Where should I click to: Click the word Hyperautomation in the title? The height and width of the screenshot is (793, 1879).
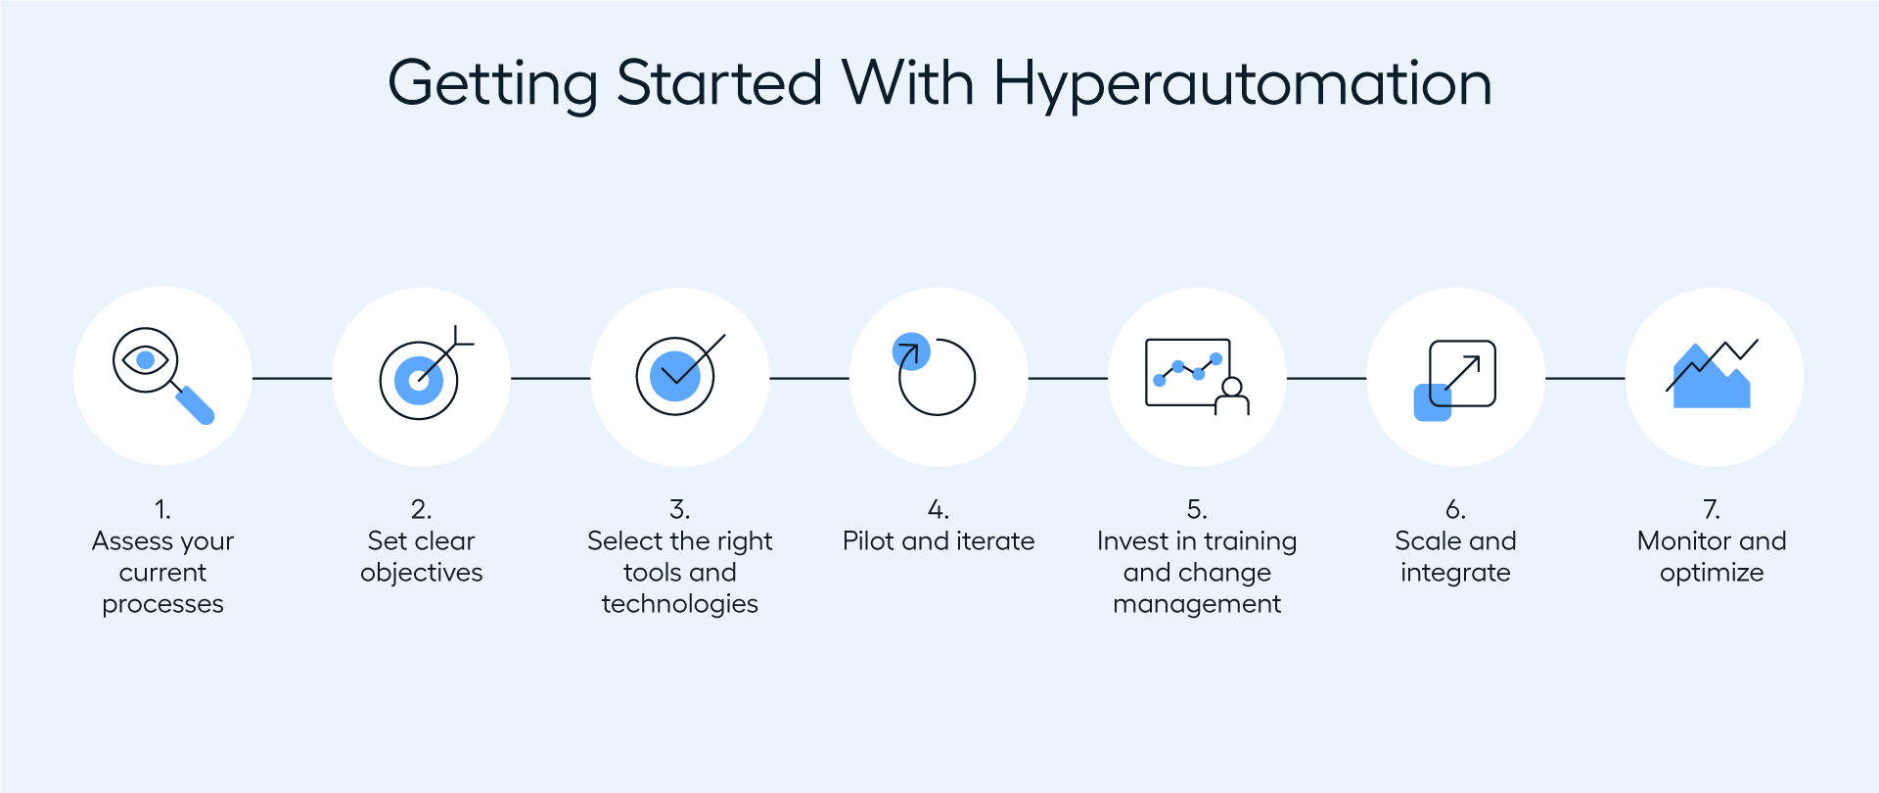point(1242,84)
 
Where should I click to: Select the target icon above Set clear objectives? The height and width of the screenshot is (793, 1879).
point(423,376)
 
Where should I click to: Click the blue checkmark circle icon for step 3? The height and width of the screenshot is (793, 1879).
point(678,376)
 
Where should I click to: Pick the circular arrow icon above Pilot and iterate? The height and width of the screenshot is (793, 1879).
point(936,376)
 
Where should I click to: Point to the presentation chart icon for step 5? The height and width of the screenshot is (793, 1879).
point(1196,376)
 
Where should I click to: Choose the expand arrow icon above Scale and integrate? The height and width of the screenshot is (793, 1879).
point(1455,380)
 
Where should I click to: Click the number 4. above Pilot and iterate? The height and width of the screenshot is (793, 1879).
point(938,510)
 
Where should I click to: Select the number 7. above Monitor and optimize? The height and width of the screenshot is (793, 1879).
point(1712,510)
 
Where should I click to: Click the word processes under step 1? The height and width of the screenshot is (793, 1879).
point(162,604)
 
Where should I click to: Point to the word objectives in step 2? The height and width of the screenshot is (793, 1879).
point(421,573)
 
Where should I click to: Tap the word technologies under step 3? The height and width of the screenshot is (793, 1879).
point(679,604)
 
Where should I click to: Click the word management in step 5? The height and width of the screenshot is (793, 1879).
point(1196,604)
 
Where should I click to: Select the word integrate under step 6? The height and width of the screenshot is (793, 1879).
point(1455,573)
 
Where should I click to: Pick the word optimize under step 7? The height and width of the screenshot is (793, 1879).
point(1712,573)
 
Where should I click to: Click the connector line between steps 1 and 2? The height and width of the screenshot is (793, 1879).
point(292,378)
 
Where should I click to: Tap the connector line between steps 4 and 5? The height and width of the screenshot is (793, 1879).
point(1067,378)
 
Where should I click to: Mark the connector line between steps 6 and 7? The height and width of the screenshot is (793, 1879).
point(1584,378)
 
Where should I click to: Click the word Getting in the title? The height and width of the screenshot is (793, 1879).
point(492,84)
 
